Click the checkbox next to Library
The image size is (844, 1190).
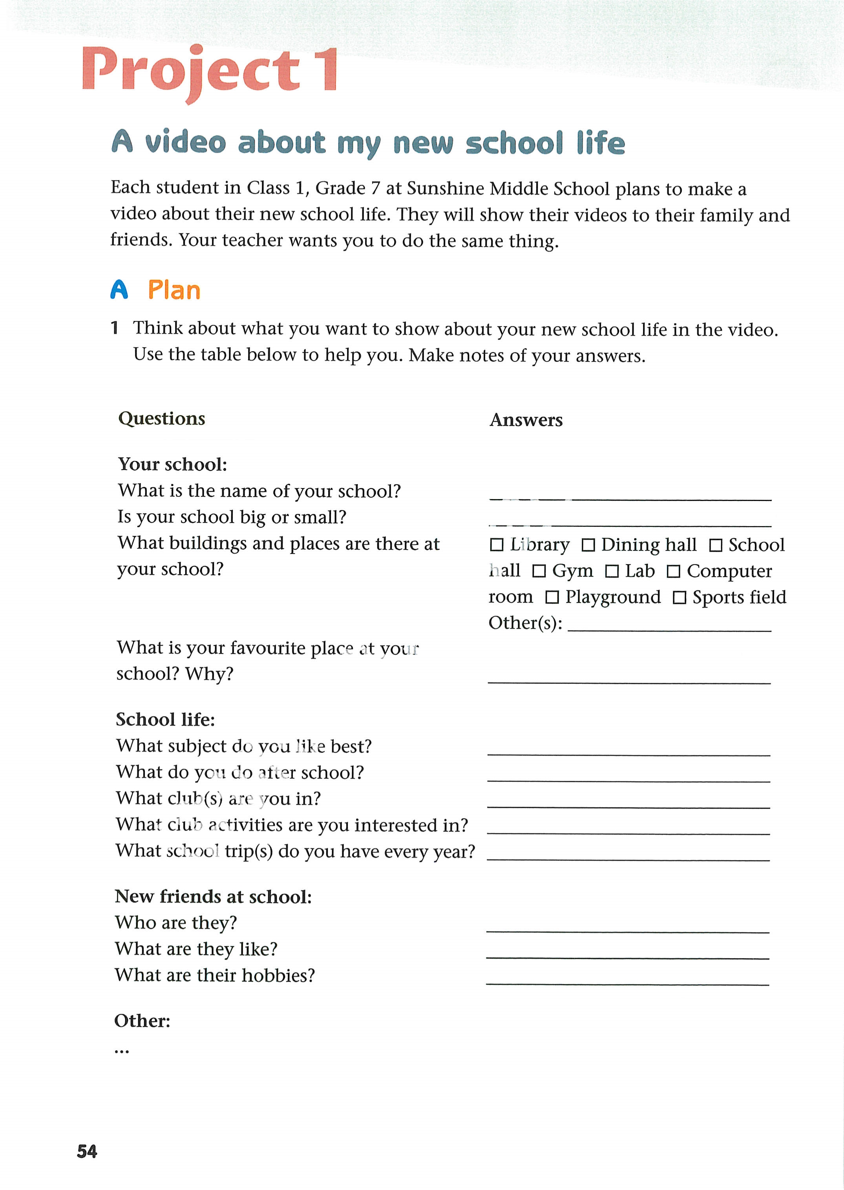point(497,545)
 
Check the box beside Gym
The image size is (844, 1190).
point(539,571)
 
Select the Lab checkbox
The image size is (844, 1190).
point(612,571)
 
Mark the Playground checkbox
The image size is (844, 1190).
point(552,597)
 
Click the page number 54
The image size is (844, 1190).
point(87,1152)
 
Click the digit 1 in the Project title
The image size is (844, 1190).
point(329,70)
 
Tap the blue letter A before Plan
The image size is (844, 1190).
point(119,290)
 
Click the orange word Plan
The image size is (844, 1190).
point(174,290)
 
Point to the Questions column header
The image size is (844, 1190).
point(162,419)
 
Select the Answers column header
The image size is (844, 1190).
point(526,420)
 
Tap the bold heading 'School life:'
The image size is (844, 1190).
point(165,720)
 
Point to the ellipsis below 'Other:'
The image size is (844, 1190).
point(122,1052)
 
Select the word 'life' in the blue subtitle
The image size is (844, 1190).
point(600,143)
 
